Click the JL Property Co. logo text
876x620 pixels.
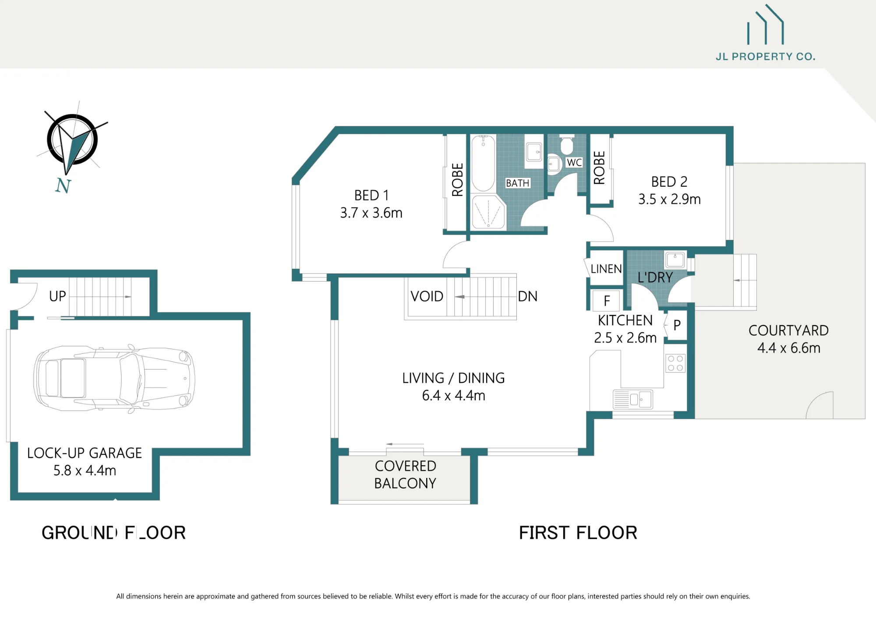pyautogui.click(x=765, y=57)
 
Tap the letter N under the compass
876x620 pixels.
pyautogui.click(x=63, y=186)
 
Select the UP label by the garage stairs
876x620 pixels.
pyautogui.click(x=57, y=296)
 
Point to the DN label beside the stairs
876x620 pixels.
pyautogui.click(x=527, y=296)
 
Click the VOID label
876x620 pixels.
pyautogui.click(x=427, y=296)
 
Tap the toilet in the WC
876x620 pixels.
pyautogui.click(x=566, y=145)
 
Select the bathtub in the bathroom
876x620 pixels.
pyautogui.click(x=483, y=163)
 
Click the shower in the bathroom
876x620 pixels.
pyautogui.click(x=488, y=212)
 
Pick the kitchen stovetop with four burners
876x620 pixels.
pyautogui.click(x=675, y=363)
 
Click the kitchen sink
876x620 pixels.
pyautogui.click(x=633, y=399)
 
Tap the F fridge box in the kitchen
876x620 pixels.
pyautogui.click(x=607, y=301)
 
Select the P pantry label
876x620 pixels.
pyautogui.click(x=677, y=325)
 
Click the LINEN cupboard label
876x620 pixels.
pyautogui.click(x=606, y=269)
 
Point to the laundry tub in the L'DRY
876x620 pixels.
pyautogui.click(x=675, y=260)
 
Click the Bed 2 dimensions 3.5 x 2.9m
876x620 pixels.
pyautogui.click(x=669, y=200)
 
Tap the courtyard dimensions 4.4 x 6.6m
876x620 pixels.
pyautogui.click(x=789, y=348)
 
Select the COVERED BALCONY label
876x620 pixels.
pyautogui.click(x=405, y=474)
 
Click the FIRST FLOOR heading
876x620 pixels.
pyautogui.click(x=578, y=533)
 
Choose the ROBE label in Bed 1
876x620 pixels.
pyautogui.click(x=457, y=180)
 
